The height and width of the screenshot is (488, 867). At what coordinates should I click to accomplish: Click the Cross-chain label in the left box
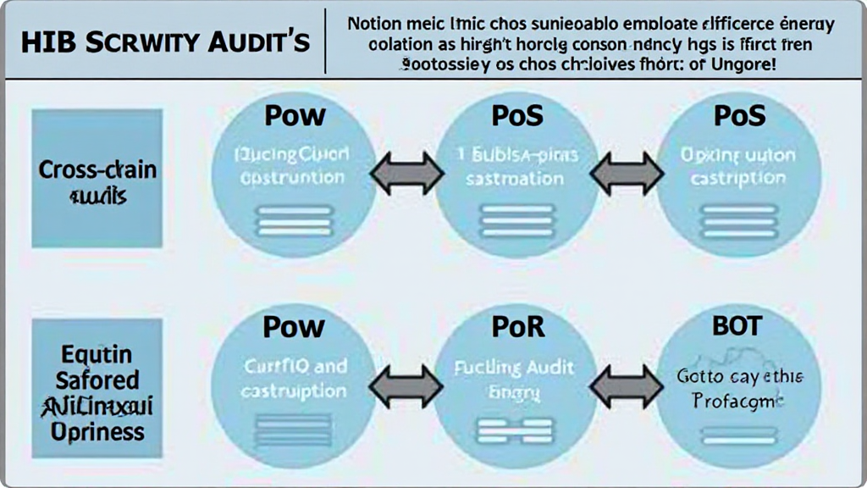[97, 169]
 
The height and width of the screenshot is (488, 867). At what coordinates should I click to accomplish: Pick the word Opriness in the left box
[97, 432]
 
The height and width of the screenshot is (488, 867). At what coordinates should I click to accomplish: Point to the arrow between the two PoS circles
[626, 174]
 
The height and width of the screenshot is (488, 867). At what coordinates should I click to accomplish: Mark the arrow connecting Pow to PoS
[406, 174]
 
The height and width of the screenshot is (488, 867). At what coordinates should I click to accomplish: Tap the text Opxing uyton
[738, 156]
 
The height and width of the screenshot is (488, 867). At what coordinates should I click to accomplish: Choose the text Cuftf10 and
[294, 368]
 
